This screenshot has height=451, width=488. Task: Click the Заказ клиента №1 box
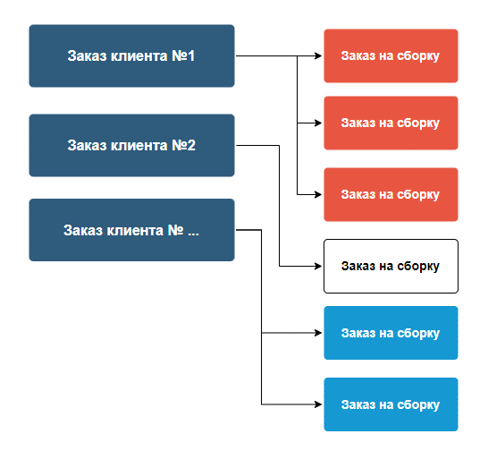pos(131,55)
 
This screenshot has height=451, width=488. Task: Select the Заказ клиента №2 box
pos(131,145)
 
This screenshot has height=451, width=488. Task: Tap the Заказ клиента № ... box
pos(131,230)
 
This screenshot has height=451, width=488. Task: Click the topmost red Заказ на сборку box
pos(391,55)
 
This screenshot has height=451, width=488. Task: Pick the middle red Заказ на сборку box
pos(391,123)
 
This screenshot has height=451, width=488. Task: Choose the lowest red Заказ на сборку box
pos(391,194)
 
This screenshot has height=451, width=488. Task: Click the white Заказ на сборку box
pos(391,266)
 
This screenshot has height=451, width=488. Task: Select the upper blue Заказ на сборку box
pos(391,333)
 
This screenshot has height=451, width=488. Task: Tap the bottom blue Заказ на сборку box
pos(391,404)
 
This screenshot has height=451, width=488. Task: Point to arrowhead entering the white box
pos(318,266)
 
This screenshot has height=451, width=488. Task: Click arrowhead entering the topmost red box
pos(318,55)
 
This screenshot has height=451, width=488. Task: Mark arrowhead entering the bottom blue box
pos(318,404)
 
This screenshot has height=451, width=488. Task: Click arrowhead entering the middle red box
pos(318,123)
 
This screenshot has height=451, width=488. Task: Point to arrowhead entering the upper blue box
pos(318,333)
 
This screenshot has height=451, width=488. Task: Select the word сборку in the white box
pos(418,266)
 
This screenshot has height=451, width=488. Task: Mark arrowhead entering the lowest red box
pos(318,194)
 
